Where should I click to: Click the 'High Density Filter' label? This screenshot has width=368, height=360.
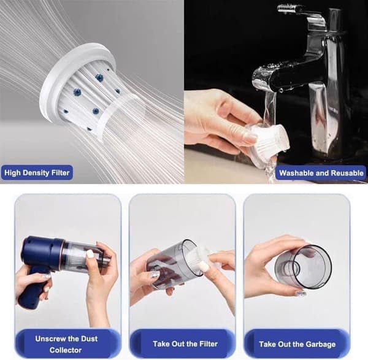[37, 173]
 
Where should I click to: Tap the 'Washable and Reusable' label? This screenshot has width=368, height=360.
[321, 173]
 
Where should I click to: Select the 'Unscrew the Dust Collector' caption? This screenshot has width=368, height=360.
[66, 344]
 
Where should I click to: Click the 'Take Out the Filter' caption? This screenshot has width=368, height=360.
[185, 344]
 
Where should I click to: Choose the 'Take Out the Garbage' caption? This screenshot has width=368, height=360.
[297, 344]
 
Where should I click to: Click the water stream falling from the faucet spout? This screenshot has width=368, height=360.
[269, 131]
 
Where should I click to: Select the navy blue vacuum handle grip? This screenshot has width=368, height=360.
[33, 291]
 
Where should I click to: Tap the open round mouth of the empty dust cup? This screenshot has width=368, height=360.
[313, 267]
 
